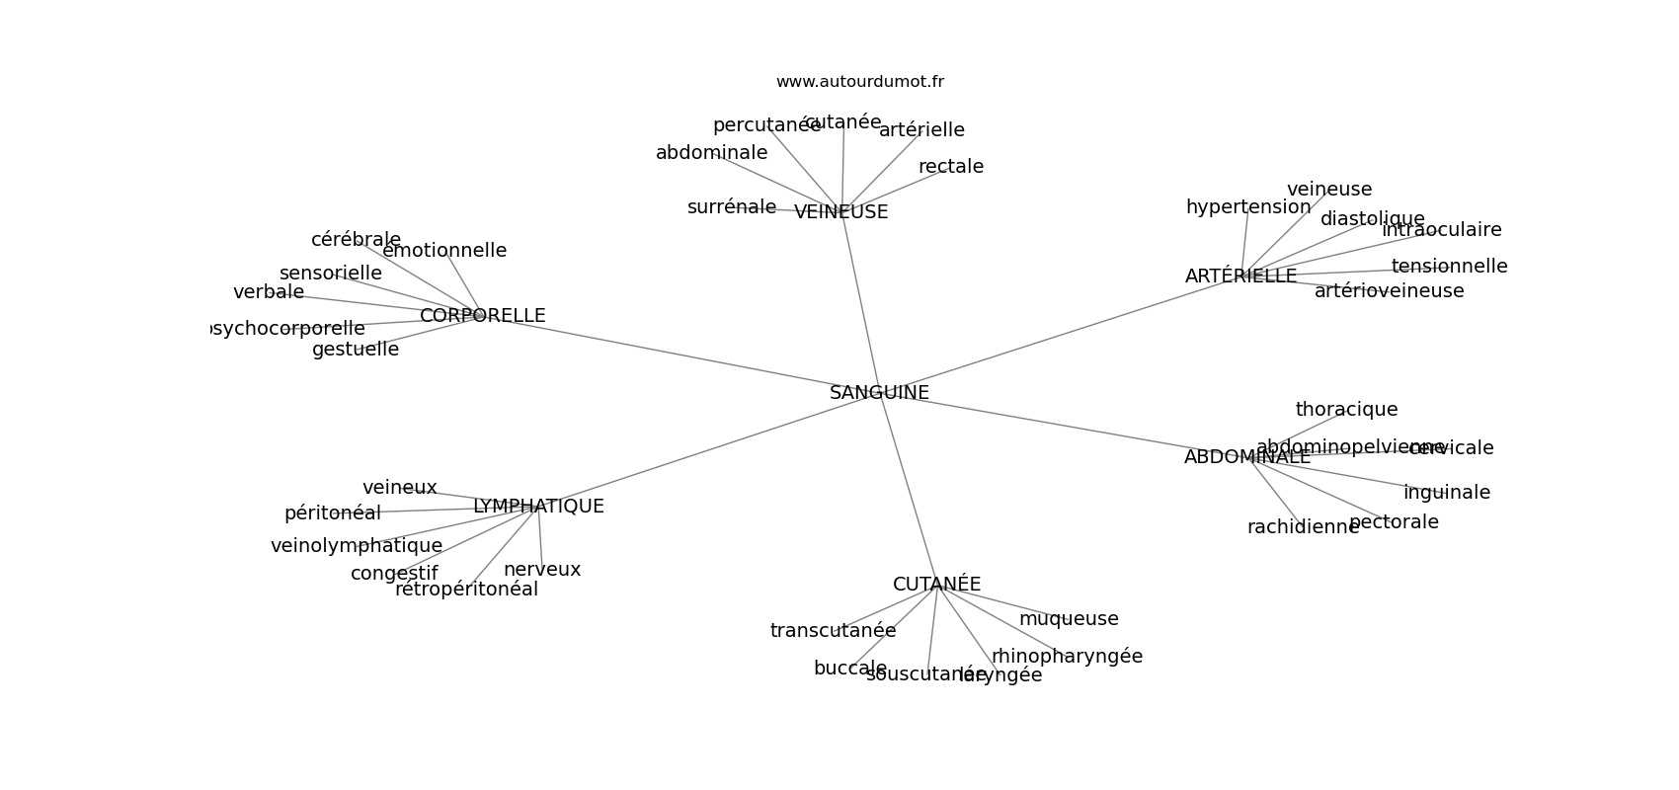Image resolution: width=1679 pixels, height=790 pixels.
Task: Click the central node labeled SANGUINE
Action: coord(879,393)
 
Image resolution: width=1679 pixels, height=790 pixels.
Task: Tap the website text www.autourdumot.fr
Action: coord(859,82)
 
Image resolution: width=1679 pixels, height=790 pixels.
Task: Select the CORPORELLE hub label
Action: coord(482,316)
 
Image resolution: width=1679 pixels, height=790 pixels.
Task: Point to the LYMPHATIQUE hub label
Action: coord(538,507)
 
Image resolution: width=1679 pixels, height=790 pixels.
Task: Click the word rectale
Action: coord(950,167)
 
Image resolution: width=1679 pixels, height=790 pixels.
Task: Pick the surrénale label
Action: coord(731,207)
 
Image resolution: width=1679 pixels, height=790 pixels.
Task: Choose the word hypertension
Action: coord(1247,207)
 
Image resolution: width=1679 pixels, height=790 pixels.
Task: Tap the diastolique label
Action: coord(1372,219)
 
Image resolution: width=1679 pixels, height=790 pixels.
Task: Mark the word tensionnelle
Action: coord(1449,267)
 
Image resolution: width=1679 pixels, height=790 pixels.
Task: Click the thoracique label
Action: coord(1346,410)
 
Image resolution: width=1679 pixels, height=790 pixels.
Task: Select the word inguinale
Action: coord(1446,493)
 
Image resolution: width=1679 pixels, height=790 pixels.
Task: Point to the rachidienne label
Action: coord(1302,527)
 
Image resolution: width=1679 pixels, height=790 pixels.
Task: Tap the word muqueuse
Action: coord(1069,619)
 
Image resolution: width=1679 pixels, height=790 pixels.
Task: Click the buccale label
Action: coord(849,669)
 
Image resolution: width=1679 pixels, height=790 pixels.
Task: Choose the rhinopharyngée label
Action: coord(1067,657)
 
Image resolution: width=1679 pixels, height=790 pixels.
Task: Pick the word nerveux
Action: coord(542,570)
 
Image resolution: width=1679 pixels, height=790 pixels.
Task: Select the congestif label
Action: coord(393,574)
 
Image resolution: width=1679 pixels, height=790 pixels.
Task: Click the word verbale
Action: coord(269,292)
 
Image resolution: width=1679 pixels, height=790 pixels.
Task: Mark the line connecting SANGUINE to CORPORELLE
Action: coord(681,355)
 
